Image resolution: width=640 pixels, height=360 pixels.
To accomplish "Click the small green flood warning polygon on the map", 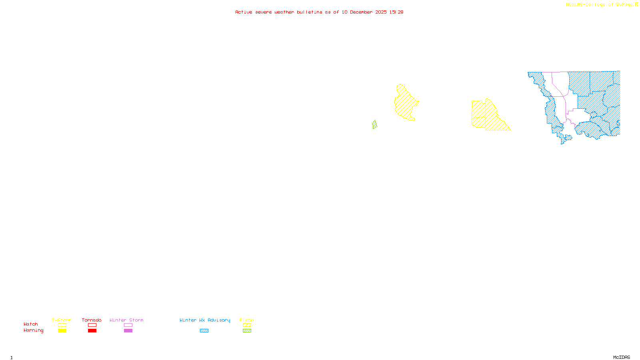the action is [374, 125].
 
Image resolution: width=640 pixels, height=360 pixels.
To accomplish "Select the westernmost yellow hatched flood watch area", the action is [406, 104].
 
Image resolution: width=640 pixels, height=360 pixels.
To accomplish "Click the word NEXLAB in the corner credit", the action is [574, 5].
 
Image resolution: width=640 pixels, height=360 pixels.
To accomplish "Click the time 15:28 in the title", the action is [396, 12].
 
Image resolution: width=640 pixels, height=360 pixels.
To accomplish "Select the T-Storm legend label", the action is [62, 320].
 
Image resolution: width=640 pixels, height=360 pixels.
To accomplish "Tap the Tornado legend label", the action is [92, 320].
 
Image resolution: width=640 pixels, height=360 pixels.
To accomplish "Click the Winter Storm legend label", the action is [126, 320].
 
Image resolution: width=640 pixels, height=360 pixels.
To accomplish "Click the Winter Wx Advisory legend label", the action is [205, 320].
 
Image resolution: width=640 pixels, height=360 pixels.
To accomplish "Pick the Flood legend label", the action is [247, 320].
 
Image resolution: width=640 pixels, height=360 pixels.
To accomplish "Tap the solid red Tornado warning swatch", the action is [92, 331].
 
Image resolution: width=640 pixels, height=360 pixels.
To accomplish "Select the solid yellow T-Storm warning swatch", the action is [62, 331].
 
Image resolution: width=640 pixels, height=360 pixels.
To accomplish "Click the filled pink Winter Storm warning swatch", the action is [128, 331].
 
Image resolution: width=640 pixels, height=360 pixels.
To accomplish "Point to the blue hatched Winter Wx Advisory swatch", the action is [204, 331].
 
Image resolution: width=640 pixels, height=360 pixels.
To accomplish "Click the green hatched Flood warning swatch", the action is [247, 331].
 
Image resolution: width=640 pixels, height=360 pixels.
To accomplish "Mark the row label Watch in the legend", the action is [31, 324].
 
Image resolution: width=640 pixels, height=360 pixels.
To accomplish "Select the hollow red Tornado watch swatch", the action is [92, 325].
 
